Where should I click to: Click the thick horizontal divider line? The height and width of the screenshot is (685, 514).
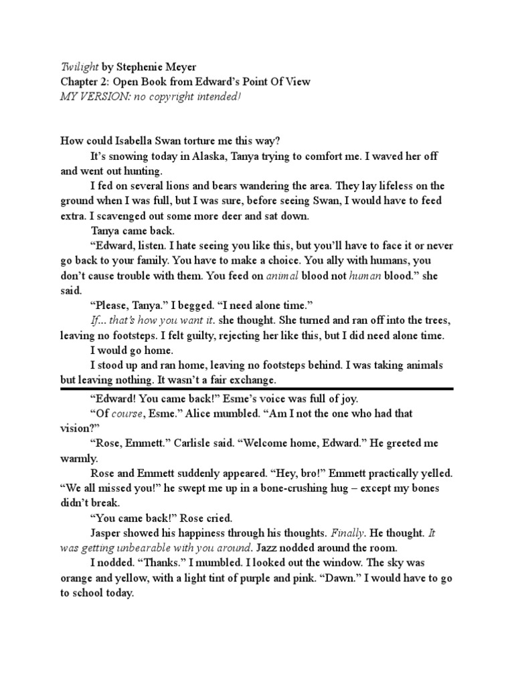[x=257, y=388]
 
